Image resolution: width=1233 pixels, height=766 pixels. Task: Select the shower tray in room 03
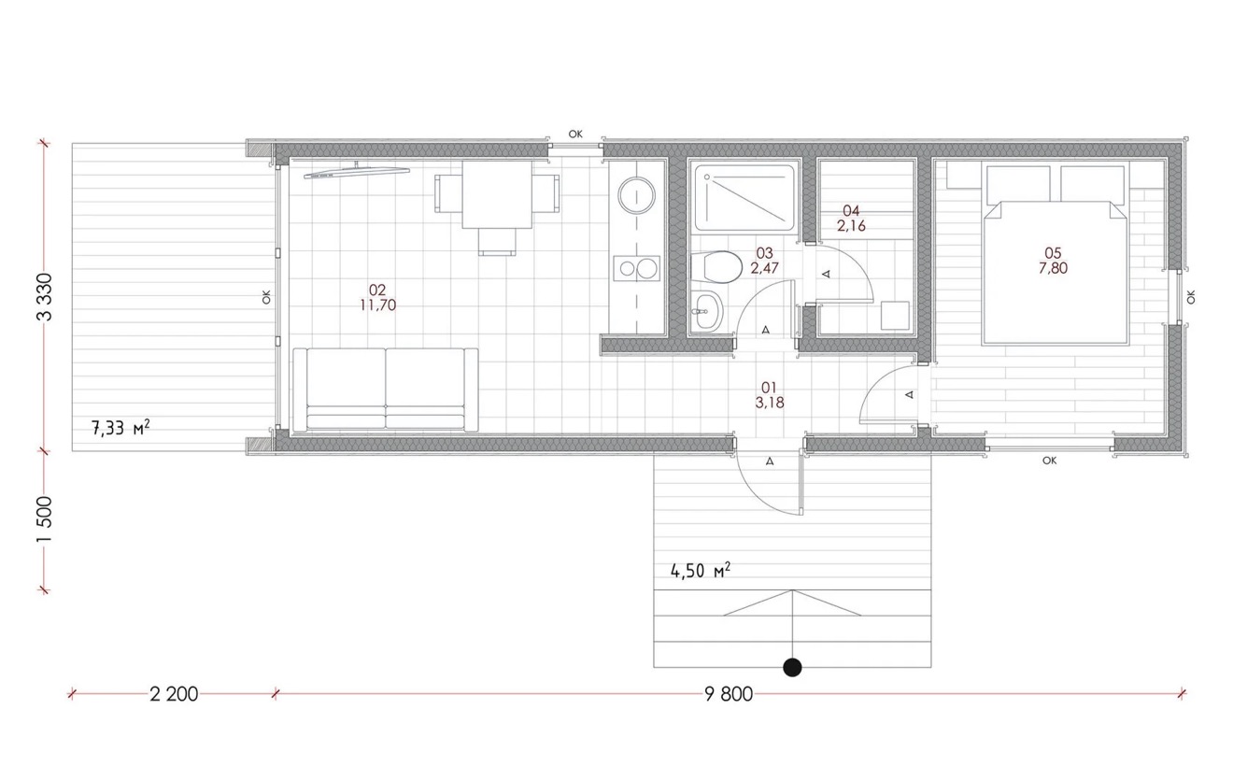[x=744, y=198]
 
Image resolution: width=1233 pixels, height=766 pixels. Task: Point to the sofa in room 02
[x=385, y=389]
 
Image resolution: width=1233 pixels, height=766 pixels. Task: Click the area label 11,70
[x=377, y=305]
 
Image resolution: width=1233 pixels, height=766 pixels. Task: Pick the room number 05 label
[x=1053, y=253]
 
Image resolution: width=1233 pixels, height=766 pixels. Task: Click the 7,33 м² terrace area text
[x=120, y=428]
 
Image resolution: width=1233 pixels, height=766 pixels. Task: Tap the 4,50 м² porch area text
[x=701, y=571]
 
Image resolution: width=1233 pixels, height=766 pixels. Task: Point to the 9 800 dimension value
[x=729, y=694]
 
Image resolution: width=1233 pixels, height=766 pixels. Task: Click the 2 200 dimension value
[x=174, y=694]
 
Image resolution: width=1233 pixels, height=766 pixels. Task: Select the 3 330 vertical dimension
[x=45, y=297]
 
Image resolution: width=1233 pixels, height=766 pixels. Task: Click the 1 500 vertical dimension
[x=45, y=520]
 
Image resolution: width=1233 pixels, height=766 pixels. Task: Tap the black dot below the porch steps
[x=792, y=668]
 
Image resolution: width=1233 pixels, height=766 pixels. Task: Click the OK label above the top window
[x=575, y=134]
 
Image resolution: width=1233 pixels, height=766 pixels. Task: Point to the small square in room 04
[x=895, y=316]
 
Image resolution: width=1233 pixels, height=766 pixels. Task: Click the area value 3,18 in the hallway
[x=770, y=403]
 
